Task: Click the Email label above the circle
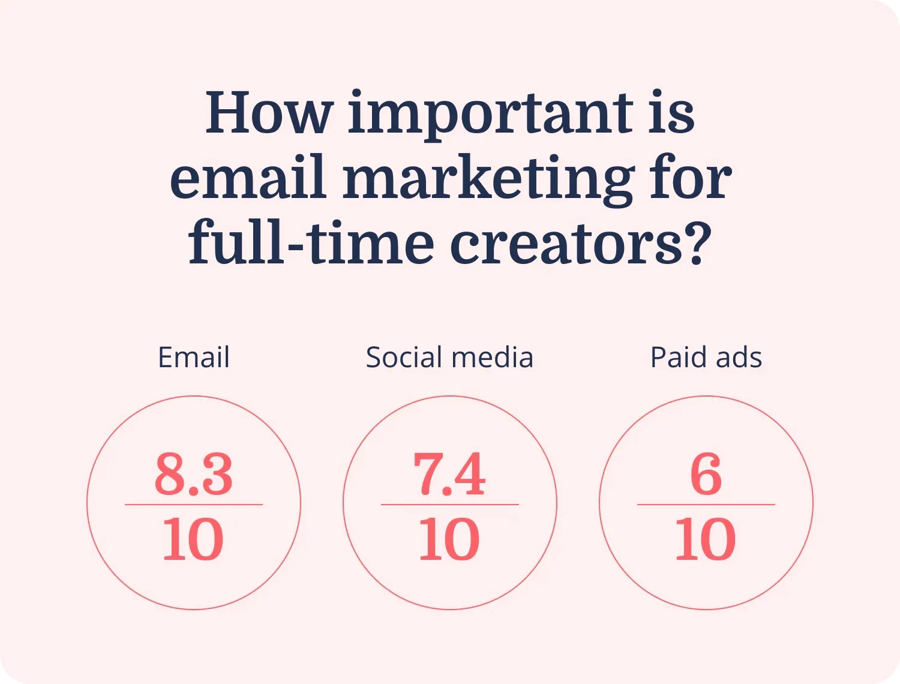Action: coord(194,358)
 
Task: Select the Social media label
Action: coord(449,358)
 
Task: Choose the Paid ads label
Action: coord(706,358)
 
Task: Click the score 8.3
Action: coord(194,475)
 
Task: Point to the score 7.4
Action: coord(449,475)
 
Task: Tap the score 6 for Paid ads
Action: coord(706,475)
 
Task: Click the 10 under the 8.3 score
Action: coord(193,539)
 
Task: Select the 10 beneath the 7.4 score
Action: coord(449,539)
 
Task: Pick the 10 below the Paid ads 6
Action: coord(706,539)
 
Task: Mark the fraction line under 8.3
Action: coord(194,505)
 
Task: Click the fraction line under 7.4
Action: coord(449,505)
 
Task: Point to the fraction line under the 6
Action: coord(706,505)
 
